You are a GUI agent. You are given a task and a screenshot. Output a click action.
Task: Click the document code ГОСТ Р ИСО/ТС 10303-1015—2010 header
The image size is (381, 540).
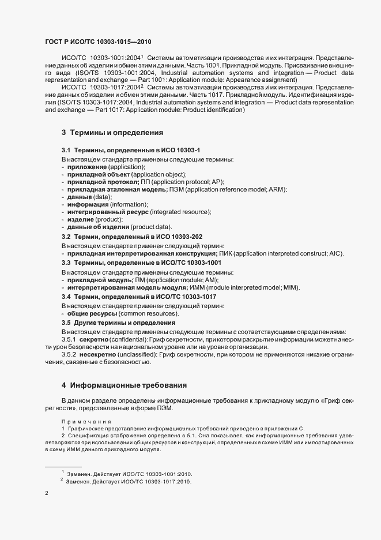tap(98, 42)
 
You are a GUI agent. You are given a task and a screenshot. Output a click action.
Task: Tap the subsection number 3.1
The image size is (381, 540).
tap(66, 150)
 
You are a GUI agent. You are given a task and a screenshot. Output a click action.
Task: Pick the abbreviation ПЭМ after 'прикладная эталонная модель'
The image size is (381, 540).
tap(176, 189)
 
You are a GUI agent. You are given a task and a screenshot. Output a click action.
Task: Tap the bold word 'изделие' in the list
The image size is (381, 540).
tap(80, 219)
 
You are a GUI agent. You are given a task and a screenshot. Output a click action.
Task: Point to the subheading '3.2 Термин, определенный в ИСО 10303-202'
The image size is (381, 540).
tap(132, 237)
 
